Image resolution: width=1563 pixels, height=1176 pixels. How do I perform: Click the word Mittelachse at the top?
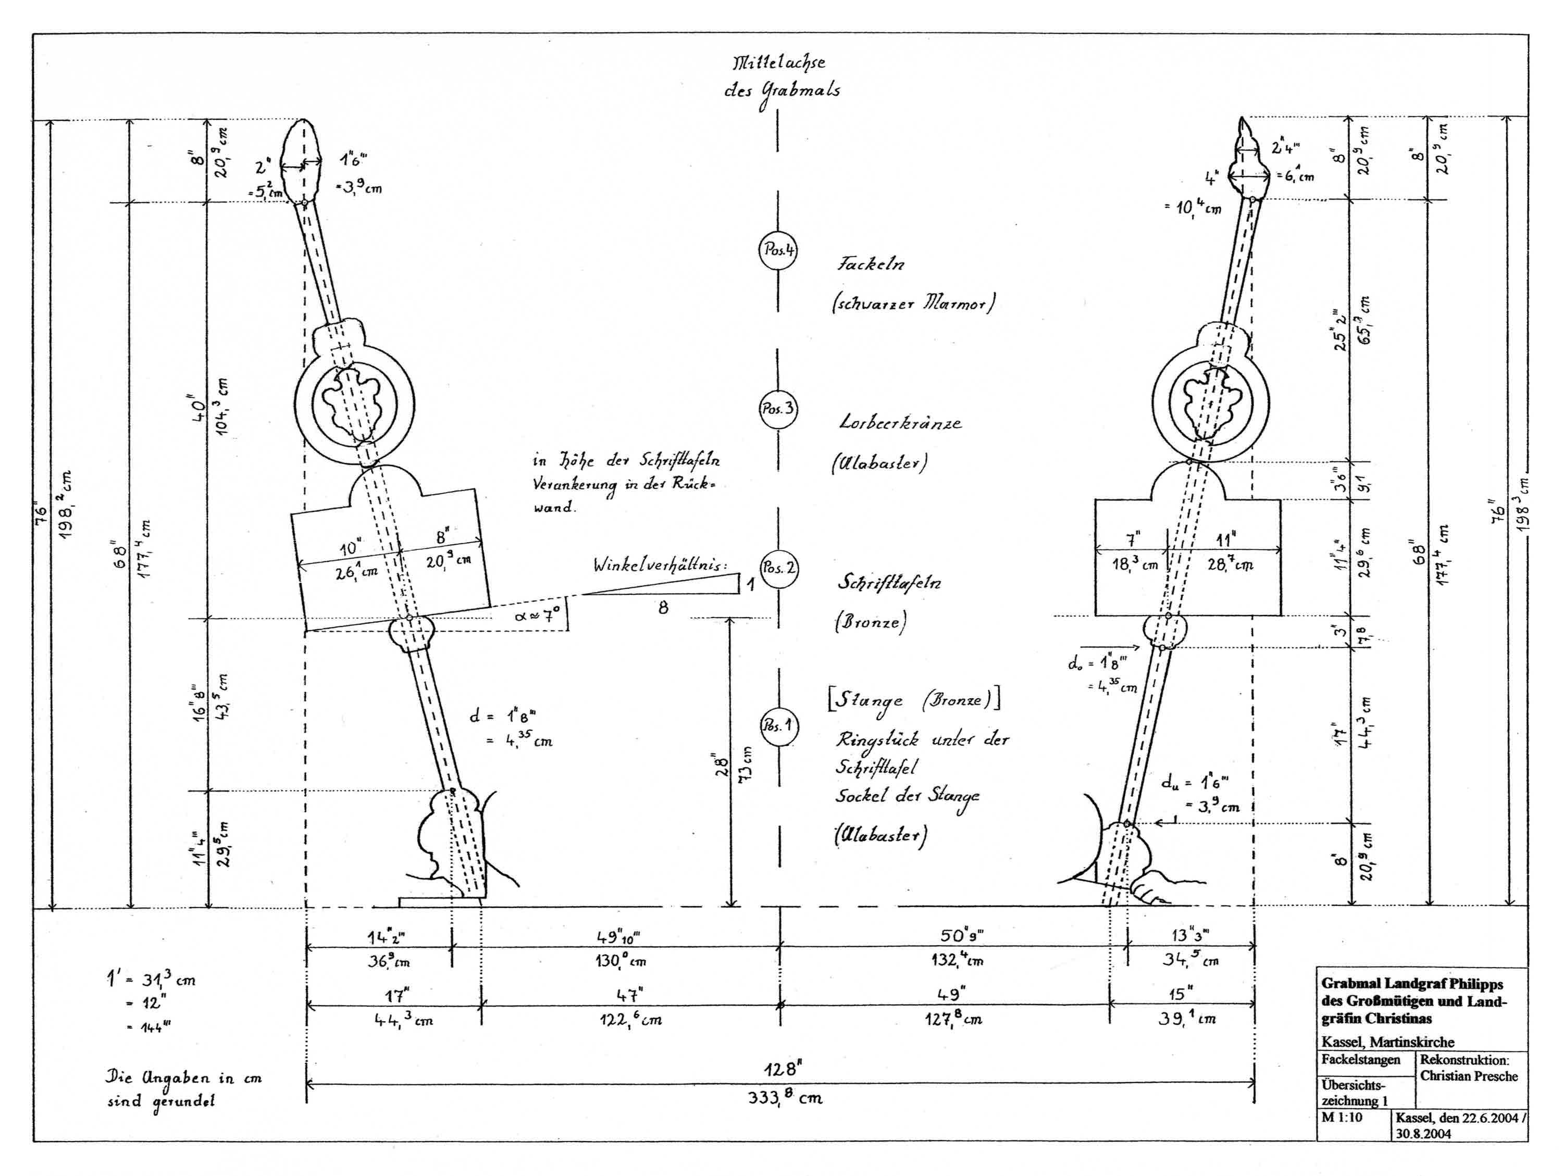[778, 64]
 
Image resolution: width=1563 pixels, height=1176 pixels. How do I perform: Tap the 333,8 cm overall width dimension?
[784, 1097]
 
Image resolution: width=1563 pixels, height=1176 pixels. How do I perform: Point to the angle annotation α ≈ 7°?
[538, 616]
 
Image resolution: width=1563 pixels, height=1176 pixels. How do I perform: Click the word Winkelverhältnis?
[659, 565]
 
